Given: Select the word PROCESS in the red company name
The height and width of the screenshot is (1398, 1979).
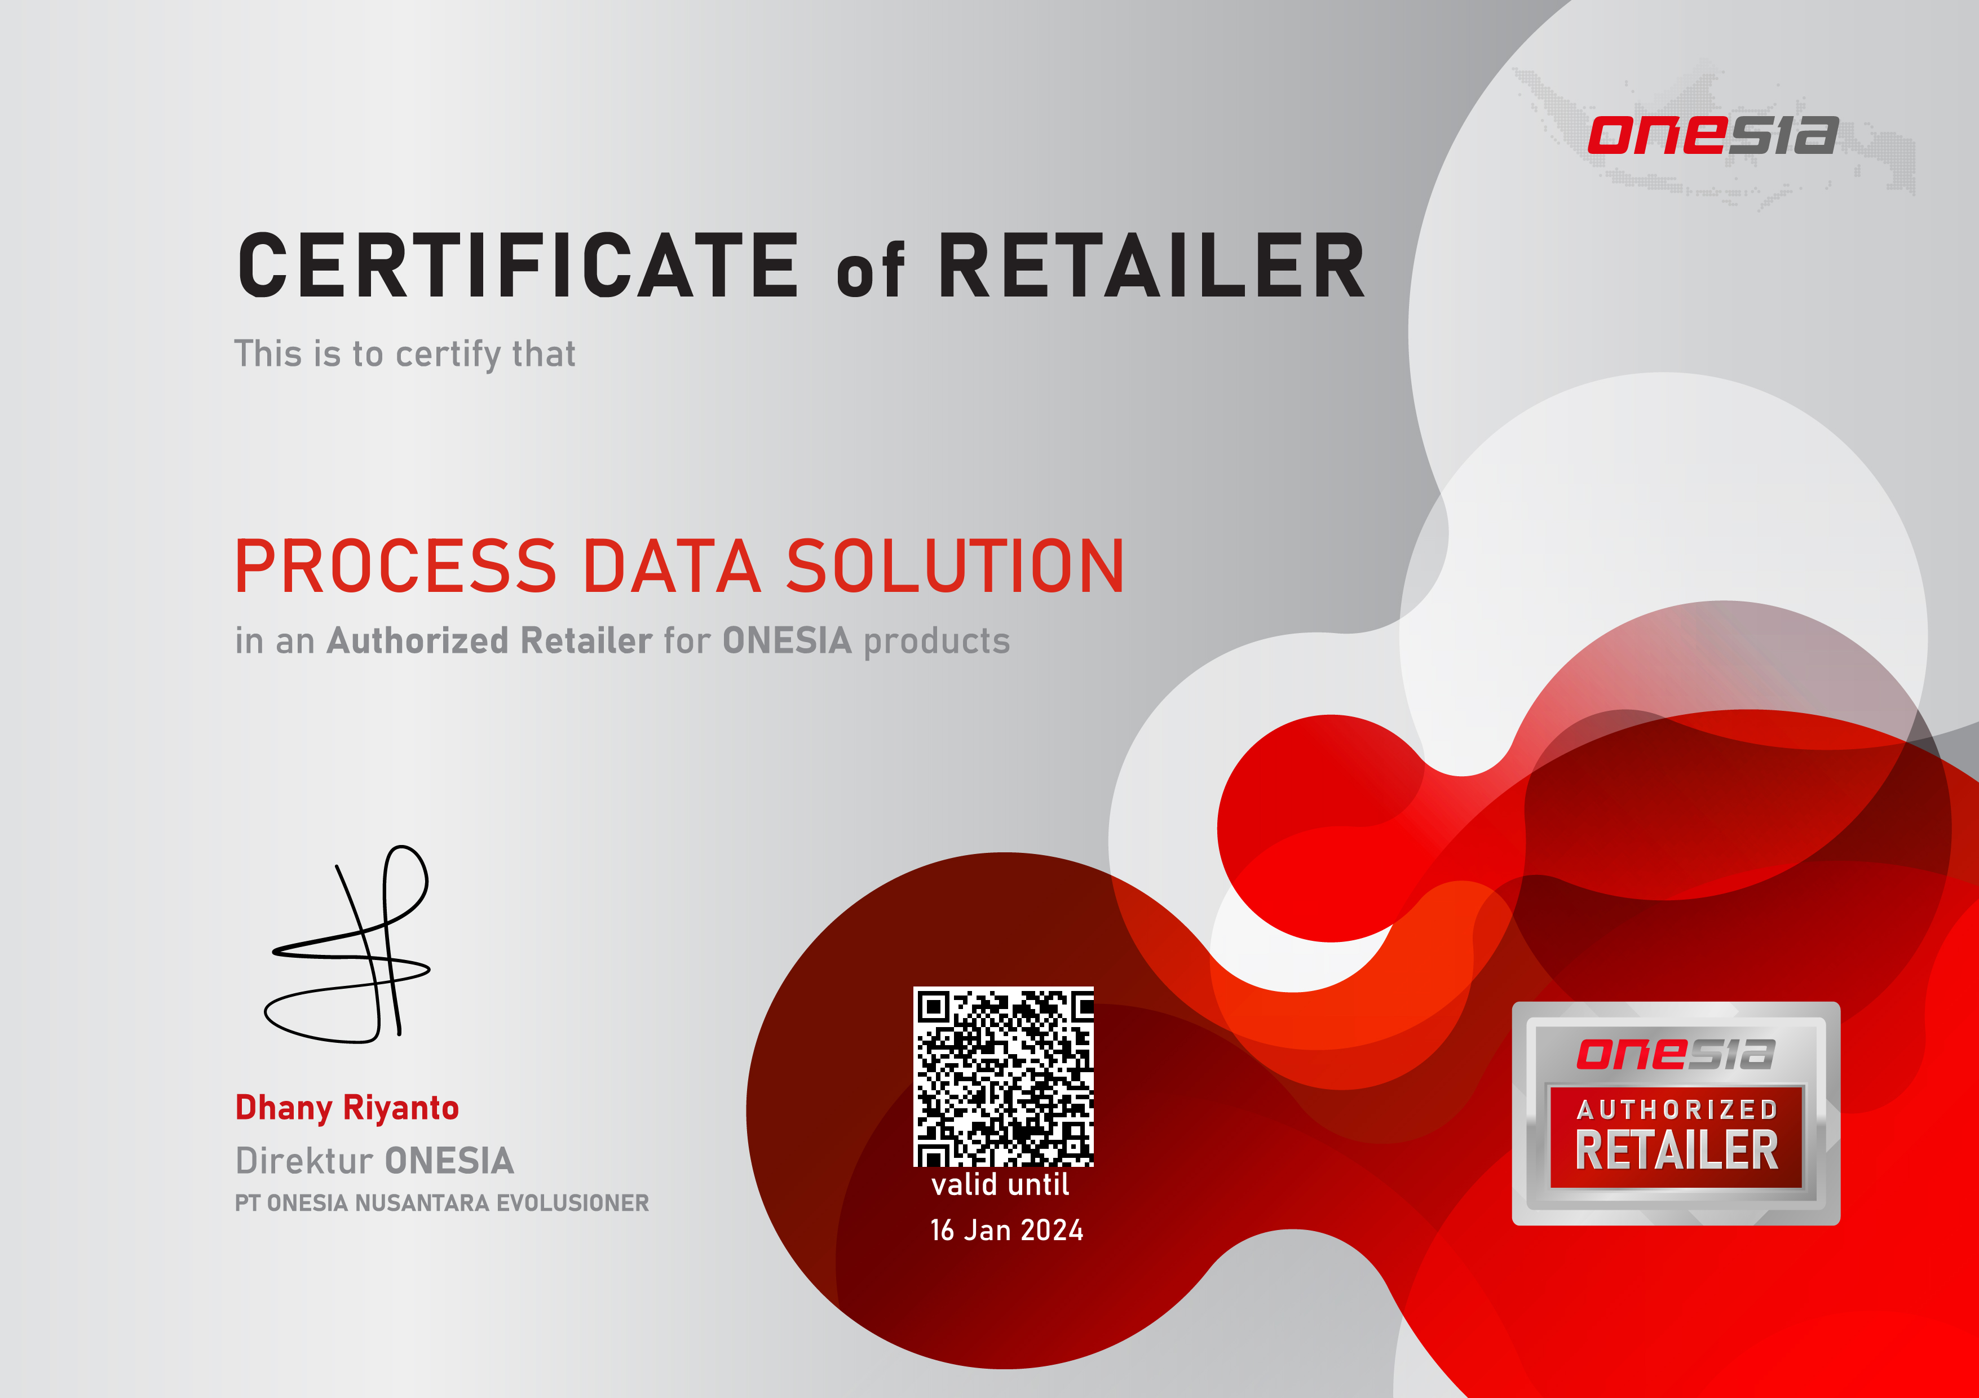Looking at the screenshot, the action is coord(396,567).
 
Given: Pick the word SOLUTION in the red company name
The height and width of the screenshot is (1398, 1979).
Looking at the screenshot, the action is coord(955,567).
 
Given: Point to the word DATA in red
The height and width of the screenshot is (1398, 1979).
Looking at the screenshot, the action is coord(672,567).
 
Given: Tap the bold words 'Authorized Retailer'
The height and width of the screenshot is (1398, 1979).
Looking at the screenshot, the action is coord(489,640).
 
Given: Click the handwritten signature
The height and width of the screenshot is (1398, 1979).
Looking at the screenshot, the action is coord(347,944).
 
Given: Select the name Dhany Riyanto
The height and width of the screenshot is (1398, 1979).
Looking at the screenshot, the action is coord(347,1108).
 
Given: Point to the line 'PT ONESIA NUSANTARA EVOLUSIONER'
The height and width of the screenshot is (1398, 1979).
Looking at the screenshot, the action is coord(442,1203).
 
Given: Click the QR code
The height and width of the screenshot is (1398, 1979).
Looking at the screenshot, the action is coord(1003,1077).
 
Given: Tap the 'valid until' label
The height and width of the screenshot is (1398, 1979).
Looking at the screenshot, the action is coord(1000,1184).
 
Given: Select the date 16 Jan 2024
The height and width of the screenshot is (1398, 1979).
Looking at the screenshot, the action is coord(1006,1230).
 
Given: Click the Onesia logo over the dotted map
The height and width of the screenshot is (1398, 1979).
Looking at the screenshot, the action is coord(1713,135).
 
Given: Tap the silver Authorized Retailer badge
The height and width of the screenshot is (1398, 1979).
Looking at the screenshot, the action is coord(1676,1113).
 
